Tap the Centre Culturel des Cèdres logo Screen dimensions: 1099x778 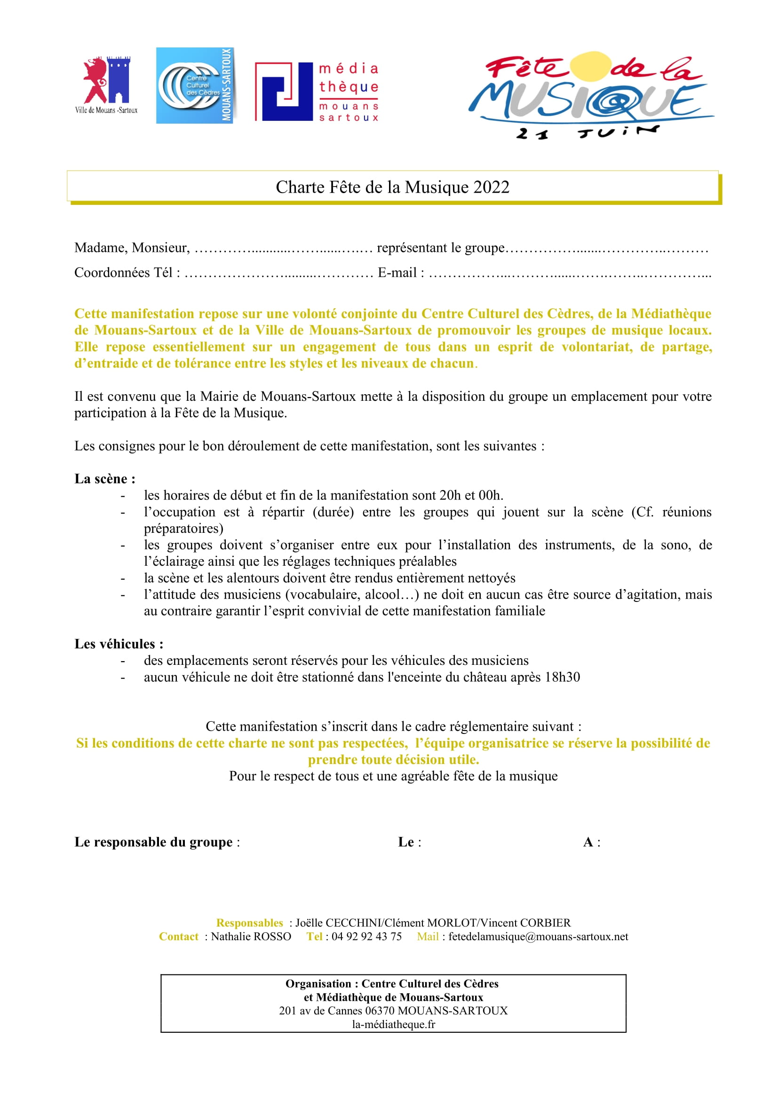(x=195, y=86)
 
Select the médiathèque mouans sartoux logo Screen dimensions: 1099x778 (x=317, y=92)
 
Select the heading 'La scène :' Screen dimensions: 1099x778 (x=105, y=479)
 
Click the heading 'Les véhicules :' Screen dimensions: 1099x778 (x=119, y=644)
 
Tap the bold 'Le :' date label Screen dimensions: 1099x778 (x=409, y=842)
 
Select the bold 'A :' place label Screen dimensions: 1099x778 (x=591, y=842)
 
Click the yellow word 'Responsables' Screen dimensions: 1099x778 (x=250, y=923)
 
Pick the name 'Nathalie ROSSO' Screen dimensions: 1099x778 (x=251, y=937)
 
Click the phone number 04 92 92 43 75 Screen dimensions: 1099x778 (x=366, y=937)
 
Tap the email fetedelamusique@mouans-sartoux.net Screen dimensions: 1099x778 (x=538, y=937)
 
